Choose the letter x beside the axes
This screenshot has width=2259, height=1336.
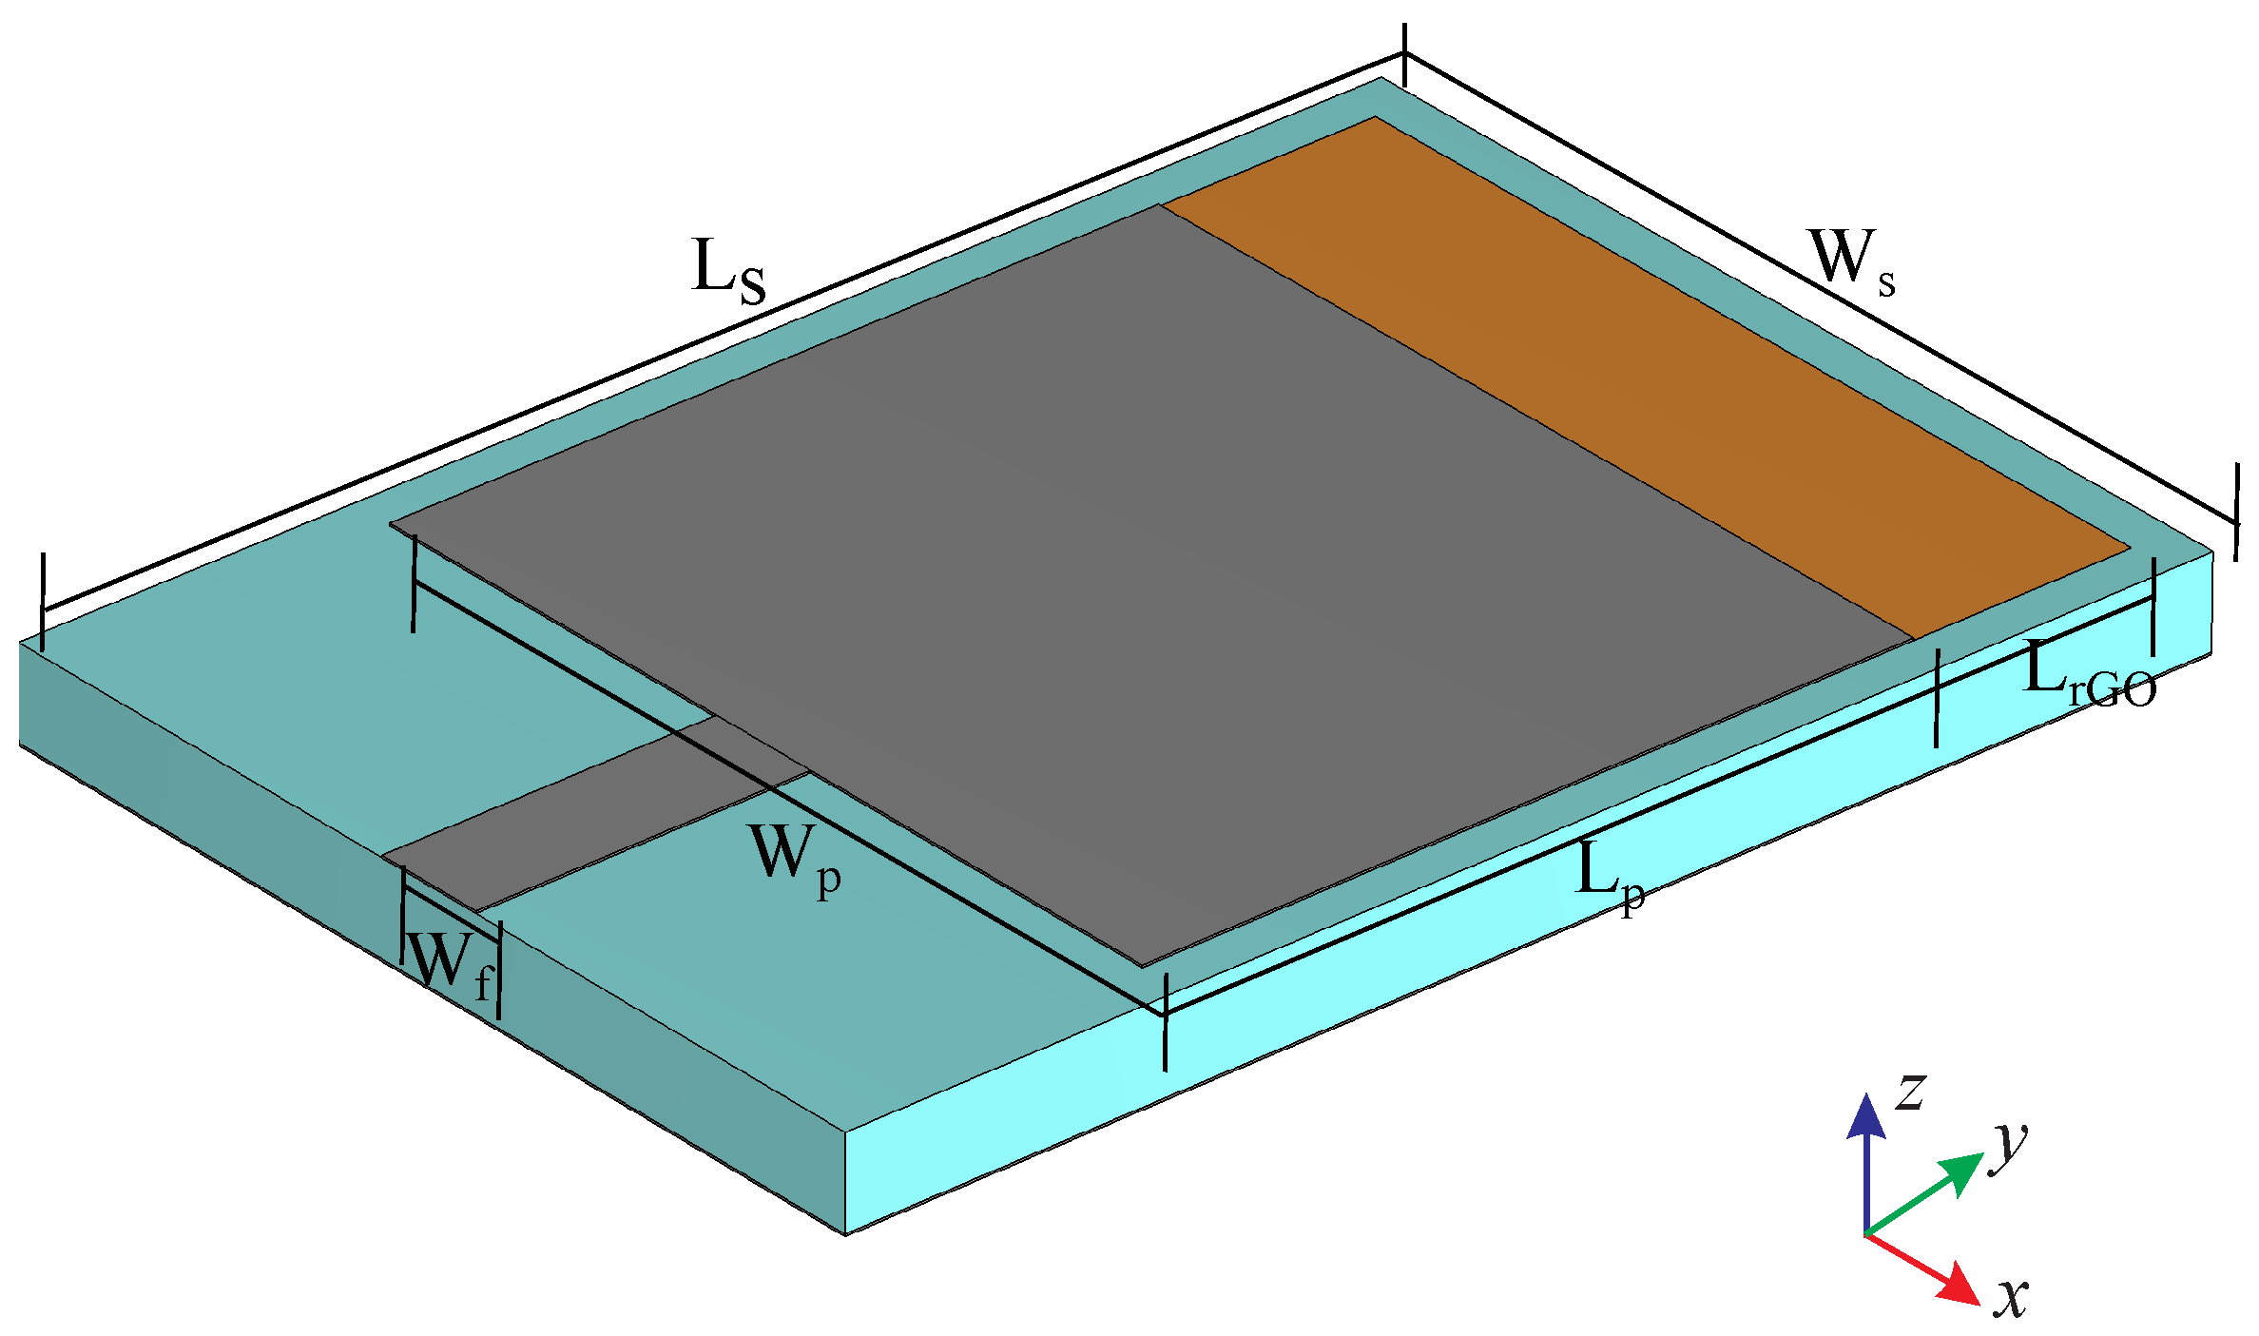click(x=2012, y=1297)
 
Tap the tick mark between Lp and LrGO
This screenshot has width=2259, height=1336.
click(x=1937, y=698)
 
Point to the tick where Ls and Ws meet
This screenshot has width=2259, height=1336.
click(x=1405, y=55)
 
